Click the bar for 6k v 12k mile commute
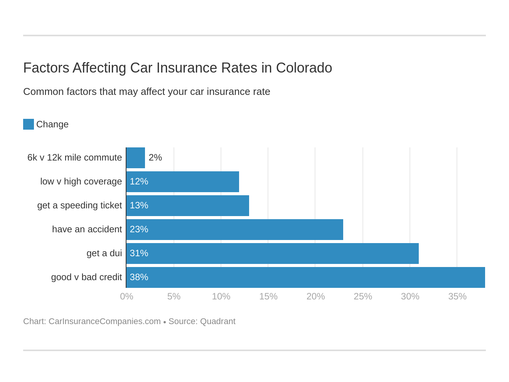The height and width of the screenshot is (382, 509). point(136,158)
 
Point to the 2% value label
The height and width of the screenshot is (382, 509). point(155,157)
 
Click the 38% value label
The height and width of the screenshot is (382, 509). point(139,277)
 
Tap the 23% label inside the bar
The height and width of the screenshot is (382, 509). point(139,229)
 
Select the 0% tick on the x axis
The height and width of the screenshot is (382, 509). point(126,296)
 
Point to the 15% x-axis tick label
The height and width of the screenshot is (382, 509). point(268,296)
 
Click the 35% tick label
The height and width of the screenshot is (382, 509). point(457,296)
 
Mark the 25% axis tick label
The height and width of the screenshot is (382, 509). point(362,296)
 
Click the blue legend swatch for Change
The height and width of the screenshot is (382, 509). point(29,124)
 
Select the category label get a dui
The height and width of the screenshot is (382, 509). point(104,253)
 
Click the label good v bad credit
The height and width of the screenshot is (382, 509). point(86,277)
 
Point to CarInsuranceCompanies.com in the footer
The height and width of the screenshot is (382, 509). point(104,321)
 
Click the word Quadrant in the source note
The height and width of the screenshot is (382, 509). point(217,321)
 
